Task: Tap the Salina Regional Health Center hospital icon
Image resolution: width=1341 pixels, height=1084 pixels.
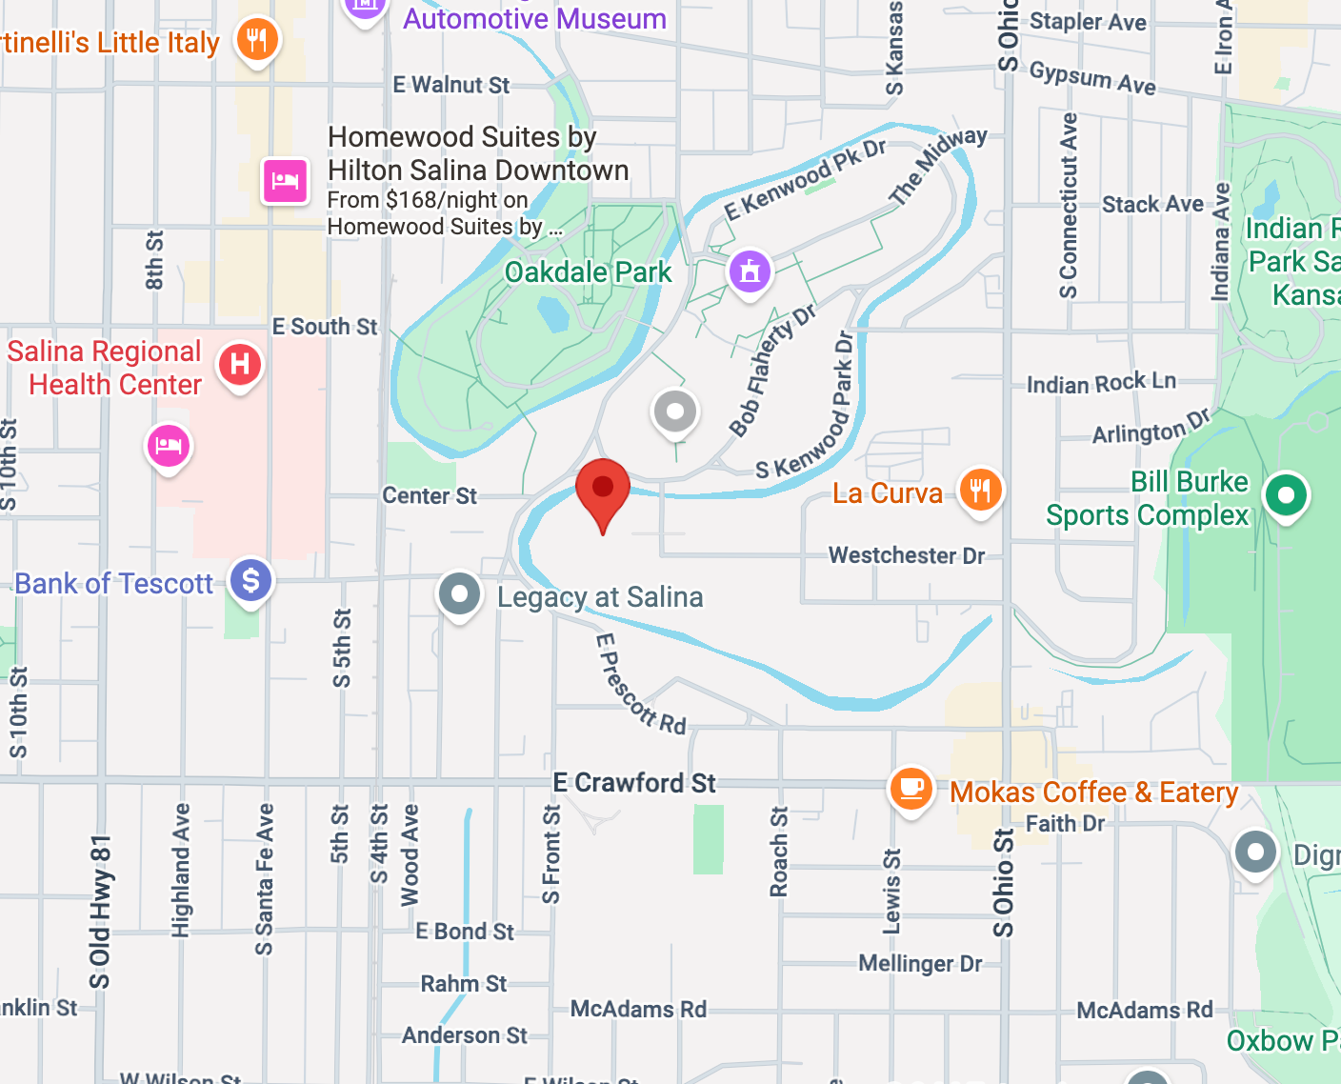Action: point(240,364)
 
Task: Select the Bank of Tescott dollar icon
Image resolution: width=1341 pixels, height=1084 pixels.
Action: point(251,580)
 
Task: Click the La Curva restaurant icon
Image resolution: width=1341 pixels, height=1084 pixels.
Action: point(980,491)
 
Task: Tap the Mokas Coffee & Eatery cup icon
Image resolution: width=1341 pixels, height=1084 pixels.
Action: point(911,789)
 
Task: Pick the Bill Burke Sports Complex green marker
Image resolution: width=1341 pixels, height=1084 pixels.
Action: point(1286,495)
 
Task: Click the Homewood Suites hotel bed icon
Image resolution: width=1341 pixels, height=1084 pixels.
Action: point(285,180)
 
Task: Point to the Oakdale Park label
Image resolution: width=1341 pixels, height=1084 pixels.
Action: point(588,272)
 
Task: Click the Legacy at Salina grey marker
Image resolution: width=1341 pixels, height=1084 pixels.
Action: point(459,594)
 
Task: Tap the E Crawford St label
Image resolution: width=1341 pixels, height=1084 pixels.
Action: point(634,783)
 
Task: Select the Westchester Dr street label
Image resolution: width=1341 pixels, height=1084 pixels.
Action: point(906,555)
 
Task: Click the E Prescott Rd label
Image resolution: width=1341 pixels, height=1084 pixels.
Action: point(640,685)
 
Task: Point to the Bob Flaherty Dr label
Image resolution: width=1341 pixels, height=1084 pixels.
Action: point(771,370)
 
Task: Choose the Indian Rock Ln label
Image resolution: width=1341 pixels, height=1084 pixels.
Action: point(1101,383)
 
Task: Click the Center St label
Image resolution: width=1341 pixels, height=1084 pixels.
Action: point(430,495)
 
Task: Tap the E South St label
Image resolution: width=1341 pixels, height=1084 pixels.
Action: point(325,327)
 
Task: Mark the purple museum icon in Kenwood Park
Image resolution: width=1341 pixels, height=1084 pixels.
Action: point(751,271)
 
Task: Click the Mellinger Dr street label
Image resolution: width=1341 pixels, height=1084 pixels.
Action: point(920,963)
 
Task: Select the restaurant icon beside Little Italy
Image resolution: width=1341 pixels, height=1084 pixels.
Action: point(257,40)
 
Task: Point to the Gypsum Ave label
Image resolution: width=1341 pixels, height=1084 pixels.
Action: point(1092,78)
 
